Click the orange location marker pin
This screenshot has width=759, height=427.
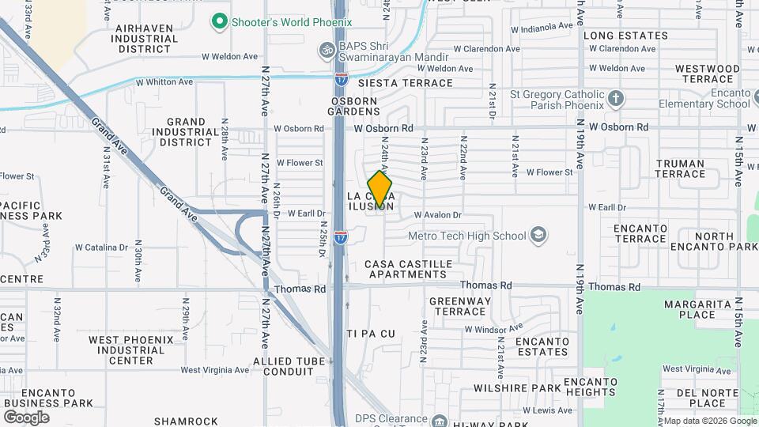point(380,189)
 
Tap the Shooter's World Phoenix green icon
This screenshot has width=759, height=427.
point(220,22)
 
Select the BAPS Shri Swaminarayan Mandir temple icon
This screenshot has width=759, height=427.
point(323,50)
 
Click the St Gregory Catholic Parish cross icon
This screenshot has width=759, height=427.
point(617,99)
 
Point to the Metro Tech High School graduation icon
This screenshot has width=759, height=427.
point(538,235)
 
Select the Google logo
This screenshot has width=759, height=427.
point(26,417)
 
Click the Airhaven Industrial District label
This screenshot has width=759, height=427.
point(145,38)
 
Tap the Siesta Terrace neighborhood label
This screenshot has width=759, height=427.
point(395,82)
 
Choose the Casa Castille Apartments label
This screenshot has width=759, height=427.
point(409,269)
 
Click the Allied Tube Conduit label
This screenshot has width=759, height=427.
point(284,366)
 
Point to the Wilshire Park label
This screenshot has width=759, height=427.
point(512,388)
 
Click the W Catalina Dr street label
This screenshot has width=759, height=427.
point(101,248)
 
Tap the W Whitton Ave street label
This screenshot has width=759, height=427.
point(164,81)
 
